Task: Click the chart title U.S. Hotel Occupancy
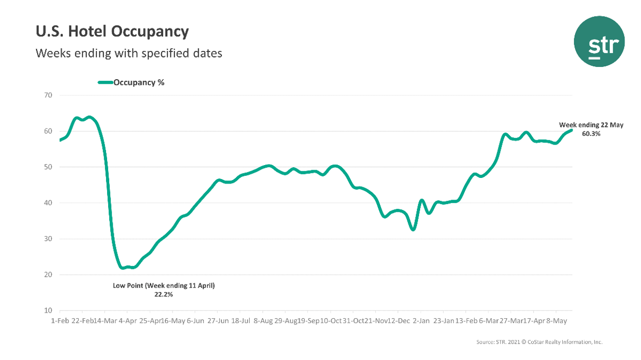(x=112, y=32)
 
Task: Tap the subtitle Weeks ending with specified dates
(x=128, y=53)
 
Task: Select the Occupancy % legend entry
(x=131, y=82)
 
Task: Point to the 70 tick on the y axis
(x=48, y=95)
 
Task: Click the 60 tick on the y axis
(x=48, y=131)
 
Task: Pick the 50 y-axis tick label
(x=48, y=167)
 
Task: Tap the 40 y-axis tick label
(x=48, y=203)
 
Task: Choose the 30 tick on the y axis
(x=48, y=239)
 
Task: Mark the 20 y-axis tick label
(x=48, y=275)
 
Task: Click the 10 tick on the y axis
(x=48, y=311)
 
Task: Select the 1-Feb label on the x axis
(x=60, y=320)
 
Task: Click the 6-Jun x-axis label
(x=196, y=320)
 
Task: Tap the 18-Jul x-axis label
(x=240, y=320)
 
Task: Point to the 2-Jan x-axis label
(x=421, y=320)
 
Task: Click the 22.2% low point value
(x=164, y=295)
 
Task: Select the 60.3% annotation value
(x=591, y=134)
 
